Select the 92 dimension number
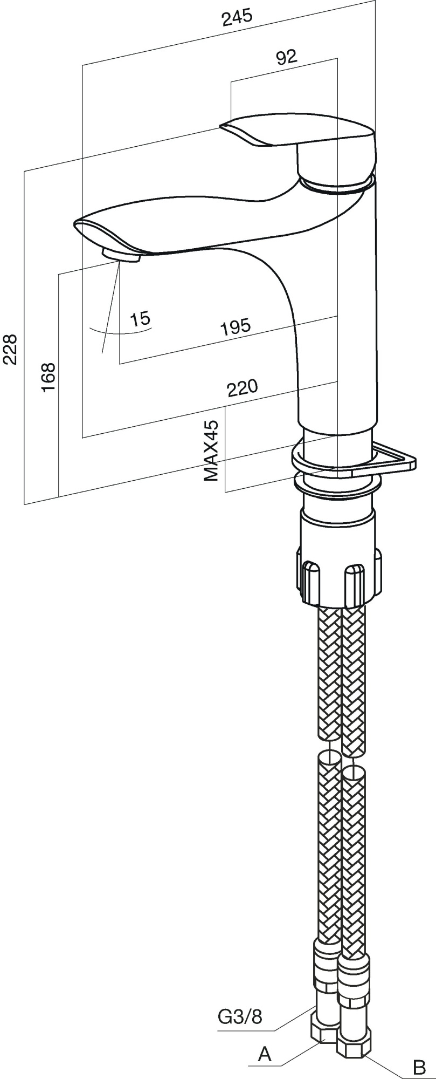(286, 57)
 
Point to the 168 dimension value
(49, 377)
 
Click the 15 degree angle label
(141, 318)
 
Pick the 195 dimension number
(236, 326)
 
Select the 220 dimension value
(242, 388)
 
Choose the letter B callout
(419, 1067)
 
